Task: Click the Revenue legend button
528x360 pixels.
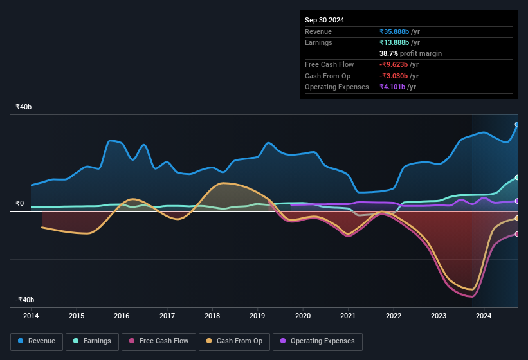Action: [x=37, y=341]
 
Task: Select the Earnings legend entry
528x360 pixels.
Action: [x=93, y=341]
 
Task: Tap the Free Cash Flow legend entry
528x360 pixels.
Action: [x=159, y=341]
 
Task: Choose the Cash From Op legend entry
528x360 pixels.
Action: [x=234, y=341]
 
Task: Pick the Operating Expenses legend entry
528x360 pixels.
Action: [x=318, y=341]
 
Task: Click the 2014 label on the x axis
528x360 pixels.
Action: [x=31, y=316]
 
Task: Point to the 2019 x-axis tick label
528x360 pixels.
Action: [x=257, y=316]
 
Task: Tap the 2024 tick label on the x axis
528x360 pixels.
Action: [x=484, y=316]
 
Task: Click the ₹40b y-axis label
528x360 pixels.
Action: [x=25, y=107]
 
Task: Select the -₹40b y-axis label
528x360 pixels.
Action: [x=25, y=300]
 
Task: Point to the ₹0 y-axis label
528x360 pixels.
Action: [x=20, y=204]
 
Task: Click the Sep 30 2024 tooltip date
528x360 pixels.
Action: [x=325, y=20]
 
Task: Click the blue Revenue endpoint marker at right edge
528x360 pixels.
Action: [x=517, y=125]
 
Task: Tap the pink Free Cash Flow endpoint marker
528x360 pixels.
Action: [x=517, y=234]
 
